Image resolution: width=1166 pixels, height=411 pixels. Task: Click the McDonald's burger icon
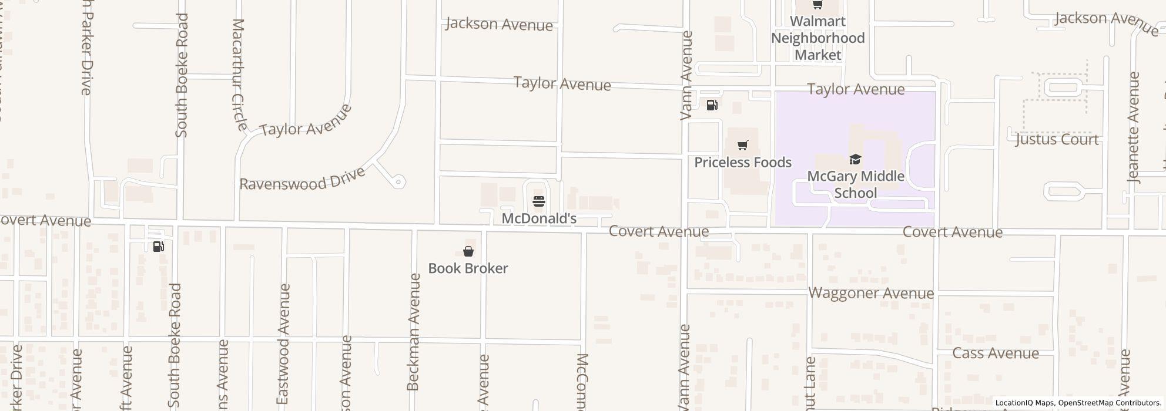(539, 201)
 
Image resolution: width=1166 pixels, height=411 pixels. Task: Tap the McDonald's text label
(539, 218)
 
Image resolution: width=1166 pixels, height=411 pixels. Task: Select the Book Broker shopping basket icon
(468, 251)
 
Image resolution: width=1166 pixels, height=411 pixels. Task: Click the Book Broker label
(468, 268)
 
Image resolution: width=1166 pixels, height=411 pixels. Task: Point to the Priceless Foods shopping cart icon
(743, 145)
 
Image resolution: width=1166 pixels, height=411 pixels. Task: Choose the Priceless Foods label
(743, 162)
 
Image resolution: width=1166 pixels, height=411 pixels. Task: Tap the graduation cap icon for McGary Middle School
(855, 159)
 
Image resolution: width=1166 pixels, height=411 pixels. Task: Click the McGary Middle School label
(856, 184)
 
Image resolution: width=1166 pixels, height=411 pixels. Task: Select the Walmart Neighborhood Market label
(817, 38)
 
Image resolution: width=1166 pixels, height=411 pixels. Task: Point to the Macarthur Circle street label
(239, 75)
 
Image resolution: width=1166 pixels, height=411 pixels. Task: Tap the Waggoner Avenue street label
(871, 293)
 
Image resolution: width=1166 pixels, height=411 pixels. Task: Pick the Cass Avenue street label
(996, 353)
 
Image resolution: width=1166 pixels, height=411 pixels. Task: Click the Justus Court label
(1057, 140)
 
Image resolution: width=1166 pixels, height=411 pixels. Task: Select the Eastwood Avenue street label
(284, 343)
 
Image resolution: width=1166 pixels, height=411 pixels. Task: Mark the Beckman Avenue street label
(414, 332)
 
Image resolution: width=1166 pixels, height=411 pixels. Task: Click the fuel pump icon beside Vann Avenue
(712, 105)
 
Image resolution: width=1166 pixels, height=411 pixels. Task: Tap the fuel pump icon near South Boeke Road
(158, 247)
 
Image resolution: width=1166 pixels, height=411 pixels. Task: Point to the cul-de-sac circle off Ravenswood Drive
(398, 182)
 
